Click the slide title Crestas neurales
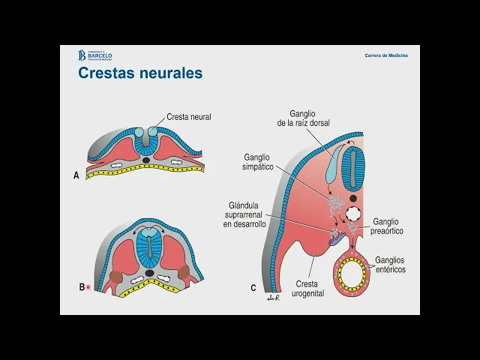140,73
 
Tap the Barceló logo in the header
95,55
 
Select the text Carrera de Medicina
386,55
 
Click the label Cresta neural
188,117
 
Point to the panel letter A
76,176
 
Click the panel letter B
82,286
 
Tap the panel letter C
253,287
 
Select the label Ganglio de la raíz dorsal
303,118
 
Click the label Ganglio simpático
259,163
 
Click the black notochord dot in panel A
147,160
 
